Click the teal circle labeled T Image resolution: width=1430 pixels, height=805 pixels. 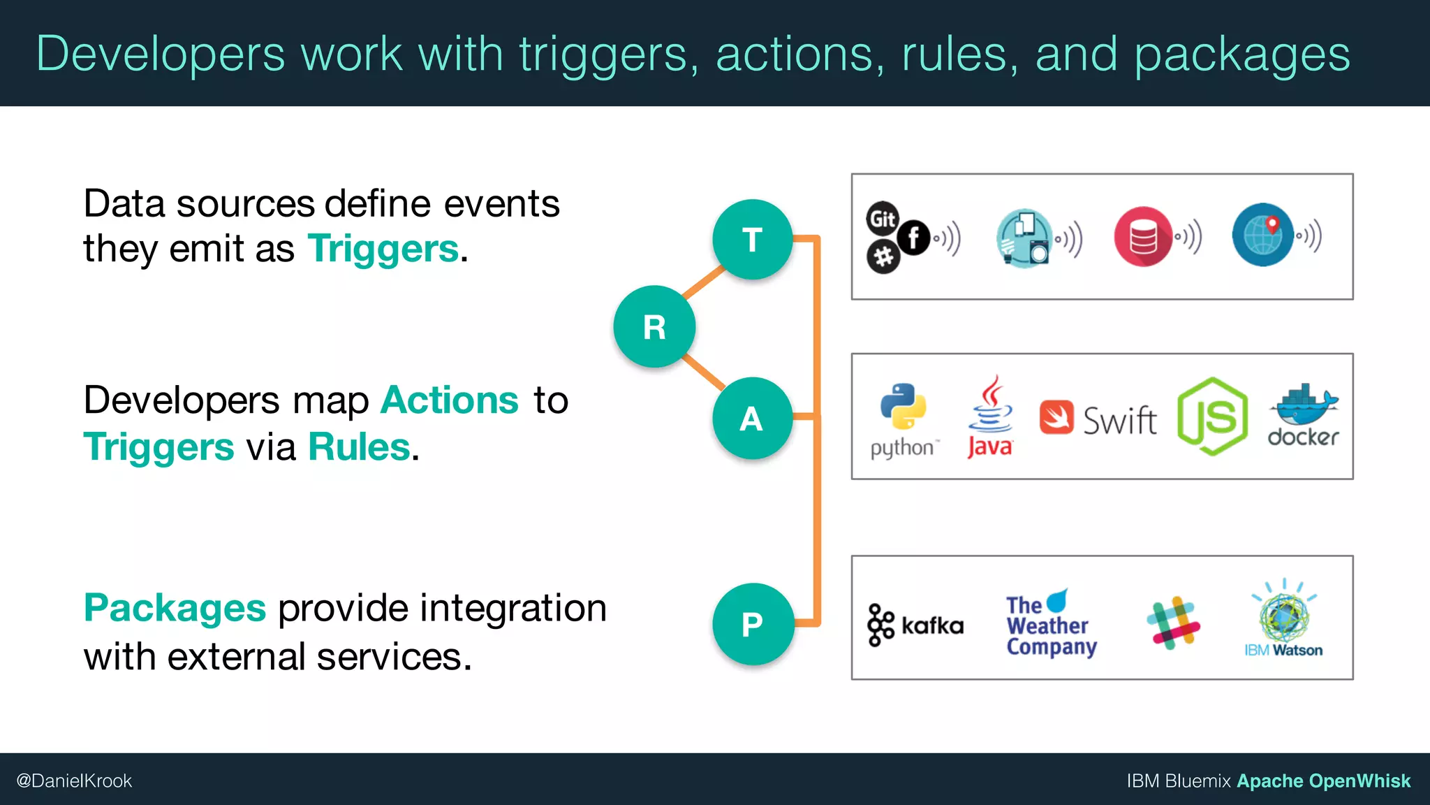(752, 240)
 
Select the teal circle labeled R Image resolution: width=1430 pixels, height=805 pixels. (654, 326)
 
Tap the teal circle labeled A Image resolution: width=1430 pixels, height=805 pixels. (752, 418)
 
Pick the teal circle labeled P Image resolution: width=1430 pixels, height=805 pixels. (753, 623)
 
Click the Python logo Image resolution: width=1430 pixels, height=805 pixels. (903, 407)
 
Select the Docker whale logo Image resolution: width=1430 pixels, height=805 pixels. (1303, 405)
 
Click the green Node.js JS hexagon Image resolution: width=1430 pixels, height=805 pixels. (1212, 416)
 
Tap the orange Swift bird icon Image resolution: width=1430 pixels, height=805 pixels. (1056, 417)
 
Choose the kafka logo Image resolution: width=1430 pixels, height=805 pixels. (915, 625)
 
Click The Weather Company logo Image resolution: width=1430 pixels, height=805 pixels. (1050, 623)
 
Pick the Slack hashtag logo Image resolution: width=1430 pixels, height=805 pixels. (1173, 623)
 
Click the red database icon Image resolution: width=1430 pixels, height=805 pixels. (1143, 236)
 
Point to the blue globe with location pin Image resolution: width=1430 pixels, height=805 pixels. (1262, 235)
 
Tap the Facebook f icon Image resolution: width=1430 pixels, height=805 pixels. (913, 238)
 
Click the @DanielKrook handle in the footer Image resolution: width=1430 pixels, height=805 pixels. (74, 781)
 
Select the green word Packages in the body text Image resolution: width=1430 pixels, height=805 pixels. (175, 607)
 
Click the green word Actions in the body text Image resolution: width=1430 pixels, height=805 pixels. (450, 400)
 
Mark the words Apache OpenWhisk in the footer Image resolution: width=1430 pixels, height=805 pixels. (1323, 781)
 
